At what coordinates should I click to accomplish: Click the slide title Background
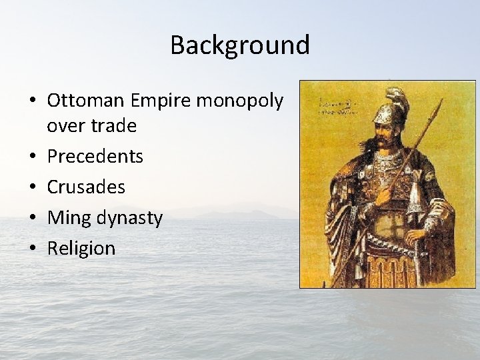click(240, 45)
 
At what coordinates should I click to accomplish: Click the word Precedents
click(95, 157)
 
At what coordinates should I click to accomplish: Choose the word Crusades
click(86, 187)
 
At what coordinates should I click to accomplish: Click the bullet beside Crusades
click(33, 187)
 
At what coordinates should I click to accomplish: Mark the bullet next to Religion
click(33, 249)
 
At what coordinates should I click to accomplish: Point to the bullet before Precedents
click(33, 157)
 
